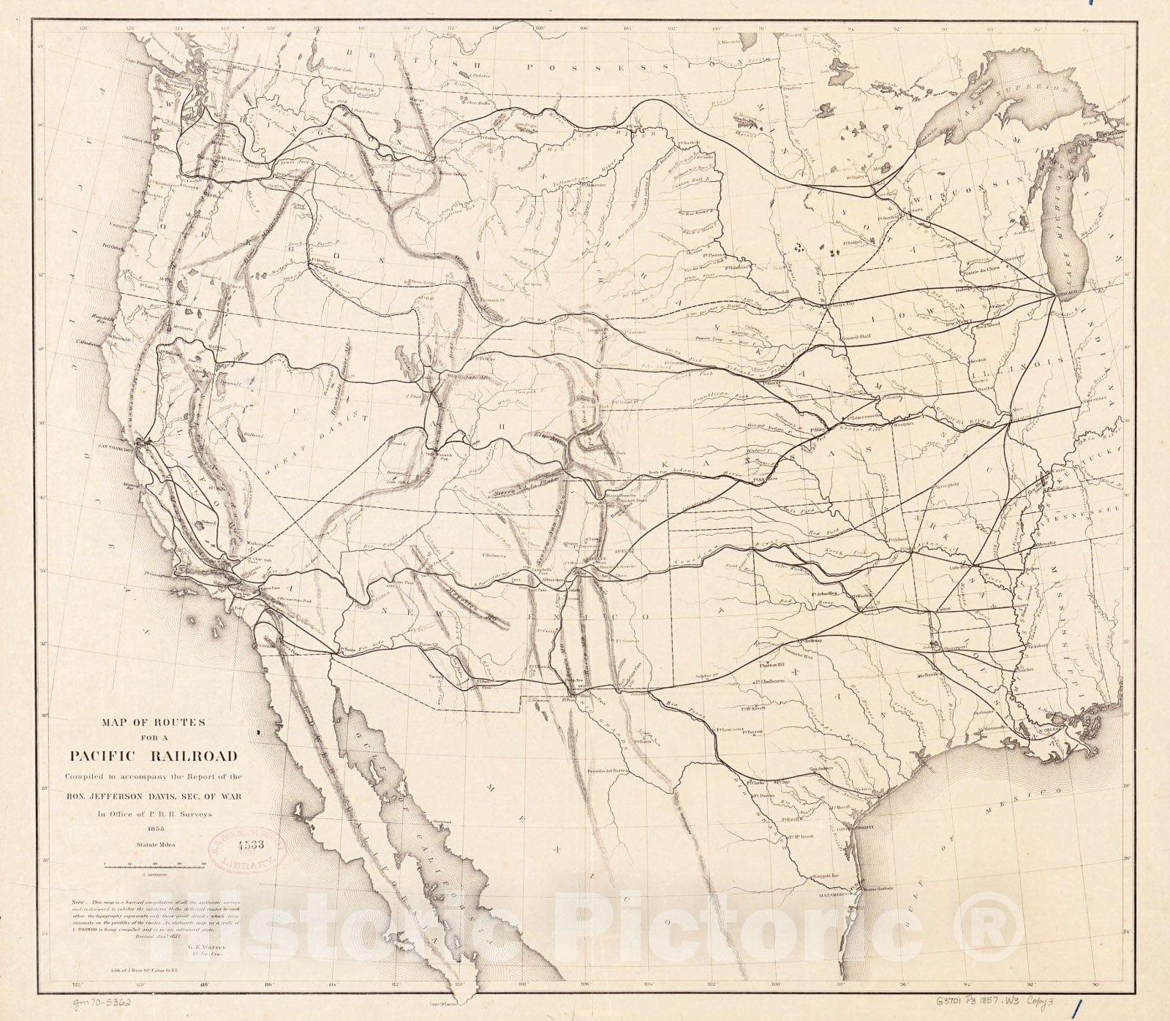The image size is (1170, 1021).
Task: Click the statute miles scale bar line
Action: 154,865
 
